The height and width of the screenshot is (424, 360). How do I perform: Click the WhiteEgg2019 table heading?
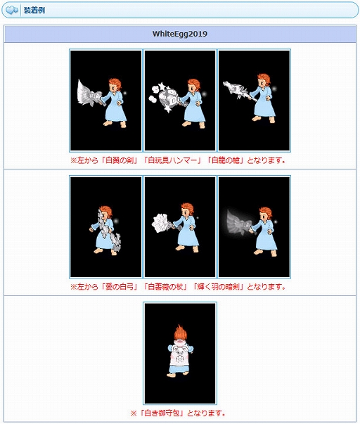180,34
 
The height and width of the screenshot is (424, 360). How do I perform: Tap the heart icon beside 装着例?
12,10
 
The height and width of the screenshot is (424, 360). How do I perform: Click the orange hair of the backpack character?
179,328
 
